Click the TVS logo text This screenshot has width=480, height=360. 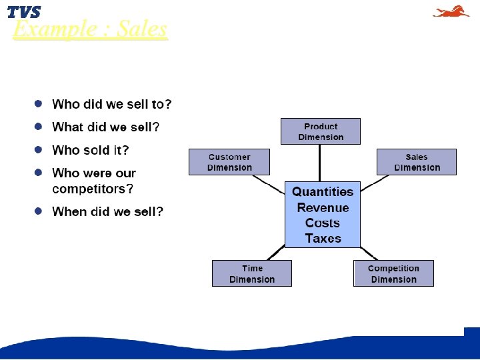(x=24, y=12)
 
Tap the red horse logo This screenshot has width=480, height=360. (x=451, y=11)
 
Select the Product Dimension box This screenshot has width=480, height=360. (x=320, y=131)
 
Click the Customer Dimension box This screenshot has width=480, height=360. (x=229, y=162)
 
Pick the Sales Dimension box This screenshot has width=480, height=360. (x=416, y=162)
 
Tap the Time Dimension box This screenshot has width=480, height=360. (x=251, y=273)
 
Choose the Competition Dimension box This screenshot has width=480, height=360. (x=393, y=273)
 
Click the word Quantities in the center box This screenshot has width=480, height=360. (x=323, y=192)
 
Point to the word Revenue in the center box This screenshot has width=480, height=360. (x=323, y=207)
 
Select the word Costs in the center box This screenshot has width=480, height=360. (x=323, y=223)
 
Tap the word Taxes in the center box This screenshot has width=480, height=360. (x=323, y=238)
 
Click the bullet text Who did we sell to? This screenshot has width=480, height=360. (x=112, y=105)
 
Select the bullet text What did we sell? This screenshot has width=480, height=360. (x=106, y=127)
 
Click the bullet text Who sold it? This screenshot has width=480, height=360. (x=91, y=150)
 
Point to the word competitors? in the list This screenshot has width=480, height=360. (x=93, y=189)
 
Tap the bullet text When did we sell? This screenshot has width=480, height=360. (x=107, y=211)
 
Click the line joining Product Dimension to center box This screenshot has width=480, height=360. (x=320, y=162)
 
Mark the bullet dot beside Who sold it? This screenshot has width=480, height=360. (x=39, y=150)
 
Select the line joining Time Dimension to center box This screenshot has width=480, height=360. (x=275, y=253)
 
